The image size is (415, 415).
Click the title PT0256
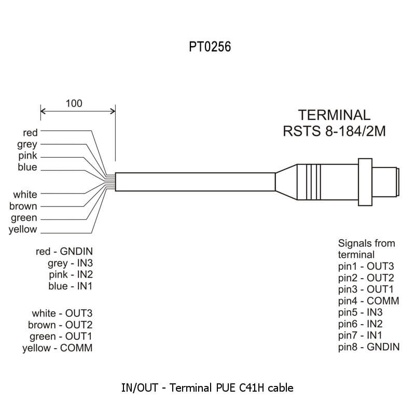210,47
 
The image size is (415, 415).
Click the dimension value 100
74,103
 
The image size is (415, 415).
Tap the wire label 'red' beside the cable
30,132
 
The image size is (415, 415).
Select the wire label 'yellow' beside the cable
23,229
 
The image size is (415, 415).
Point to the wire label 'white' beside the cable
25,195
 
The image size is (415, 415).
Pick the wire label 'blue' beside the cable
27,167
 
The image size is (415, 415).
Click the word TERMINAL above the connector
334,115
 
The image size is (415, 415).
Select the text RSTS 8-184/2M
334,131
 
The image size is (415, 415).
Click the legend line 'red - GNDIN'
64,252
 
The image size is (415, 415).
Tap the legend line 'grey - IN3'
70,263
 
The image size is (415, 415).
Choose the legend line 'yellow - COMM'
57,348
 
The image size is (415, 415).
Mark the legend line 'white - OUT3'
62,313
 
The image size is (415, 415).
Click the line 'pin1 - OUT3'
366,267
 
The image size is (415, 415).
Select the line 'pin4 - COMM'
368,301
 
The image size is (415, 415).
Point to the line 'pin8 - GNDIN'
369,347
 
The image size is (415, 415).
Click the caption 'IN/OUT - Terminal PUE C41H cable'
208,387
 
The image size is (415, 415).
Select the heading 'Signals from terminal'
366,248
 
